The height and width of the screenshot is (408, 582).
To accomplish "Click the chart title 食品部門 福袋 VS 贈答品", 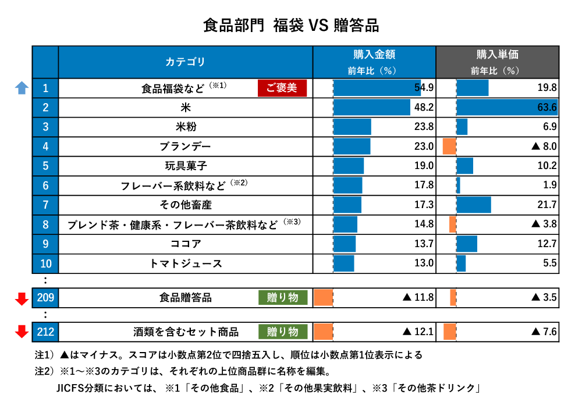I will click(x=291, y=26).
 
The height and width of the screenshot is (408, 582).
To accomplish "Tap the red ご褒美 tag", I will click(x=282, y=88).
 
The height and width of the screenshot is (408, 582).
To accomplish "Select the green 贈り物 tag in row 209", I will click(x=282, y=297).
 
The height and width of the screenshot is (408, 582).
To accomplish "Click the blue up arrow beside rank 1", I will click(x=22, y=88).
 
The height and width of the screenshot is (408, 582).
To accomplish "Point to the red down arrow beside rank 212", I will click(x=22, y=332).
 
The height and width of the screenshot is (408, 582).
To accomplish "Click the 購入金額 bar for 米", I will click(x=371, y=108).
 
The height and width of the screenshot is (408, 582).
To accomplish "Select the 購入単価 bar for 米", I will click(x=506, y=108).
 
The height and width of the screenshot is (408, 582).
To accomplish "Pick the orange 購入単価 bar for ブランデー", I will click(x=449, y=146).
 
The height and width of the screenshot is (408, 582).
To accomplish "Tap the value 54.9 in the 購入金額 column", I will click(x=424, y=88).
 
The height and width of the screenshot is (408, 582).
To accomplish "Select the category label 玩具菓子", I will click(x=185, y=166).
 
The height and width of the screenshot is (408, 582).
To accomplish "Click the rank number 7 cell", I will click(x=45, y=205).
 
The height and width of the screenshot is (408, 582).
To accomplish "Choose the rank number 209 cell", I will click(x=45, y=298).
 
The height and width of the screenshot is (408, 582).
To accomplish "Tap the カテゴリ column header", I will click(x=185, y=62).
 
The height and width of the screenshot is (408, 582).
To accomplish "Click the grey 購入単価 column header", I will click(x=497, y=62).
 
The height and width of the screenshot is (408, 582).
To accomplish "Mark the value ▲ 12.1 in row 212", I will click(x=418, y=332).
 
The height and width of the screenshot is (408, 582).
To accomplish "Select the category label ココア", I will click(x=185, y=244).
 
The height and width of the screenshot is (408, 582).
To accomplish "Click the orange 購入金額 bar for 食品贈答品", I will click(x=323, y=298).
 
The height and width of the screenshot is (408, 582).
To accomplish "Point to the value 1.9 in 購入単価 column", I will click(x=550, y=185).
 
